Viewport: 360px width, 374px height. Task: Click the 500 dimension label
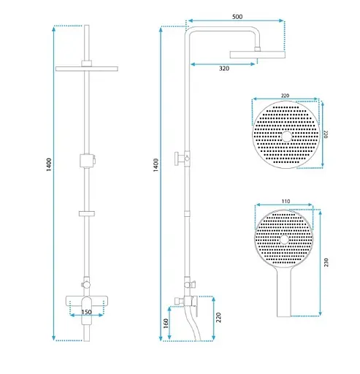[237, 17]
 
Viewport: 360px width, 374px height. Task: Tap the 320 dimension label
[224, 69]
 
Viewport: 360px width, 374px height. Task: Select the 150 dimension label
[87, 312]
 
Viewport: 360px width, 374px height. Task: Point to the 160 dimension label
[166, 323]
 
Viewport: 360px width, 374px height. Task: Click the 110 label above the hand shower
[286, 202]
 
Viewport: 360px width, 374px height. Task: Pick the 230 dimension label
[326, 262]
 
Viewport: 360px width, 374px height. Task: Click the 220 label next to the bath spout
[218, 318]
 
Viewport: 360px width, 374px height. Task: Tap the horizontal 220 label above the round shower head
[285, 96]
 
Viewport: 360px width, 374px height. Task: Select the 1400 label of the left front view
[49, 164]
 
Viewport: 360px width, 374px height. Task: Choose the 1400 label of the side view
[156, 165]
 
